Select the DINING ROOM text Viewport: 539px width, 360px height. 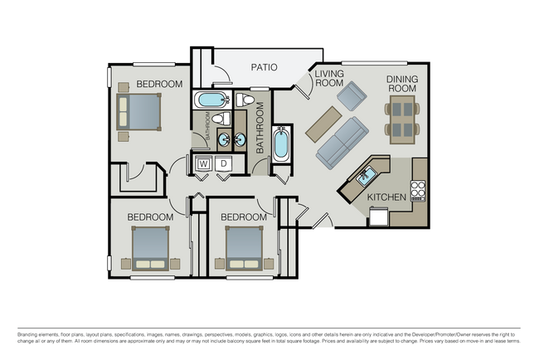401,84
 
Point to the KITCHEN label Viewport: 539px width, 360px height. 386,197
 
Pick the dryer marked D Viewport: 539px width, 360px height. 222,164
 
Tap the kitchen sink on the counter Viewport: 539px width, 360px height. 366,175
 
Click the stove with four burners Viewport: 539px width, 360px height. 418,191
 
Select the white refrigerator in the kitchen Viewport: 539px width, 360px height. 378,216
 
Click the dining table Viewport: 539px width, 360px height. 402,117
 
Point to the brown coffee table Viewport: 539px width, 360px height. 321,122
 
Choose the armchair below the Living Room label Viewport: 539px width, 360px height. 351,98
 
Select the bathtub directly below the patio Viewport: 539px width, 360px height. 211,101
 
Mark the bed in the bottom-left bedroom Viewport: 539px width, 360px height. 151,249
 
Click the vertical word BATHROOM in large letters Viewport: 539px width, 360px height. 260,128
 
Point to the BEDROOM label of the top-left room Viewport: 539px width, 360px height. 159,84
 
